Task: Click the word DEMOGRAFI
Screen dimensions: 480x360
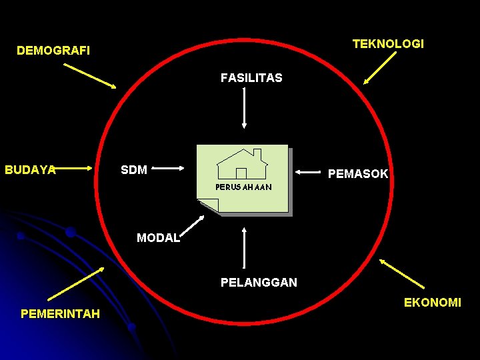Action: tap(53, 51)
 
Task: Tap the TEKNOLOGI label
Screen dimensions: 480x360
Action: tap(388, 44)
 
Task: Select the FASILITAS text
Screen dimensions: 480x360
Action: tap(251, 78)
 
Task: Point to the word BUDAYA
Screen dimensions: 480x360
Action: tap(30, 170)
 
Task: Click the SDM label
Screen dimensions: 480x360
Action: tap(134, 170)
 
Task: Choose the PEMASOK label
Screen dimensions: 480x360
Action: tap(358, 174)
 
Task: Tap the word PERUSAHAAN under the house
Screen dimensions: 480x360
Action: tap(243, 187)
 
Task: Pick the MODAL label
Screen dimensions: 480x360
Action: tap(158, 238)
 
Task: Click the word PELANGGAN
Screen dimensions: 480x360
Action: tap(259, 283)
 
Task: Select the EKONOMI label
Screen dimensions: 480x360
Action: tap(432, 303)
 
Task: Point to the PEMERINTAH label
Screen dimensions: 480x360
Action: tap(60, 314)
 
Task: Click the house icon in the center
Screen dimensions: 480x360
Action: tap(243, 164)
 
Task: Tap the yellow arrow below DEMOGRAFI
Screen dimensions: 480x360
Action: tap(89, 76)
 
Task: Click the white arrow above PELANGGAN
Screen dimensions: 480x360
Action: tap(245, 248)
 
